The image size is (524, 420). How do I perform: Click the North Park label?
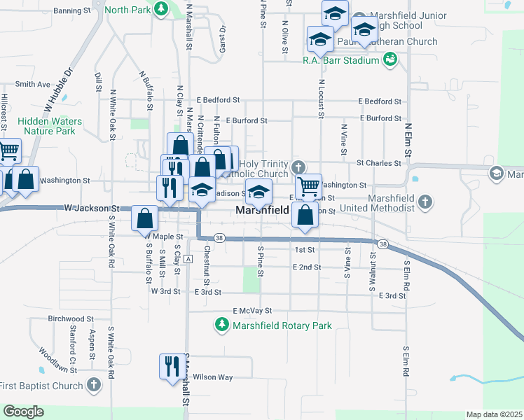point(127,10)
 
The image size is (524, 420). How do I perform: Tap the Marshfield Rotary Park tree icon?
point(222,325)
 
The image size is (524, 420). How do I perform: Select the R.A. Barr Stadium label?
point(340,60)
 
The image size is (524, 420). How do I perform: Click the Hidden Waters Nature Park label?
point(50,126)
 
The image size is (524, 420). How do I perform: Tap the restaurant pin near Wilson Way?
point(170,365)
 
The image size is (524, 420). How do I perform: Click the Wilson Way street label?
point(213,377)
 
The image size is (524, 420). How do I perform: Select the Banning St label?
point(71,11)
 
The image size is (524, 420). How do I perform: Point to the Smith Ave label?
point(33,84)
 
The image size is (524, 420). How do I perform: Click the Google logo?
point(23,412)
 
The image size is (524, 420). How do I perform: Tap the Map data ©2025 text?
point(494,414)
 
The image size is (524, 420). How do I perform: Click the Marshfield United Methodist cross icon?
point(425,202)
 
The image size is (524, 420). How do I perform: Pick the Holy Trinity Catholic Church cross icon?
point(298,167)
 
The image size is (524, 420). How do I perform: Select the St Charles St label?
point(378,163)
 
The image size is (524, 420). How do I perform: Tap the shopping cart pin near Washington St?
point(308,186)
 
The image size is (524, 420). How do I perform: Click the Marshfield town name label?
point(262,210)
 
